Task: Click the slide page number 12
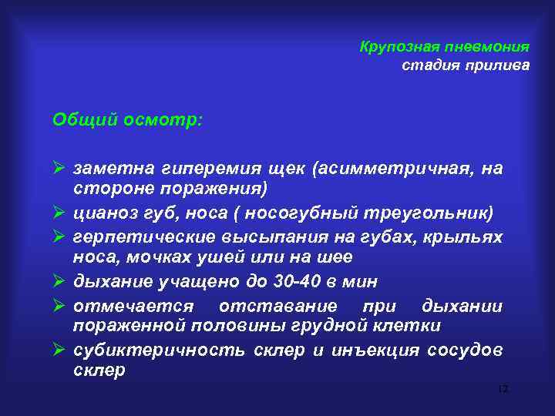pos(503,391)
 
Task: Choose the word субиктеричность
pos(158,351)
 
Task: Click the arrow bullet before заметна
pos(59,168)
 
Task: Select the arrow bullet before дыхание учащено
pos(59,282)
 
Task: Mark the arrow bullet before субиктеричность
pos(59,351)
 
